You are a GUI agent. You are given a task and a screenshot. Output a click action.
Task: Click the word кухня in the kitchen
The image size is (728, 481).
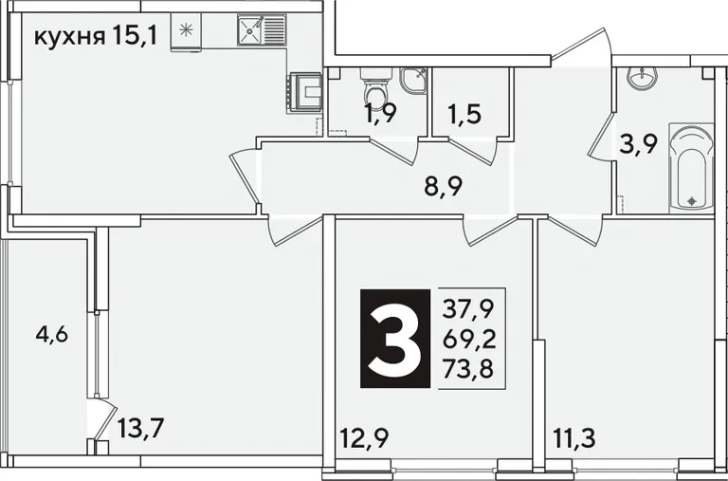click(69, 37)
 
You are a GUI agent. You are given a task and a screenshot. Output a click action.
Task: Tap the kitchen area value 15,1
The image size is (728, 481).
click(134, 36)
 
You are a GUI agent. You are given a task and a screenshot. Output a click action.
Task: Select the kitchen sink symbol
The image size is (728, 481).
click(262, 29)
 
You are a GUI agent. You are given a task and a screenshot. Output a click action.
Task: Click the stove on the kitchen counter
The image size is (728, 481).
click(304, 93)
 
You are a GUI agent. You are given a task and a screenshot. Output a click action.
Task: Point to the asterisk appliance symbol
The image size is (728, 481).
click(186, 29)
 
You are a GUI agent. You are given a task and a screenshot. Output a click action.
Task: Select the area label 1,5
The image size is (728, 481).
click(464, 115)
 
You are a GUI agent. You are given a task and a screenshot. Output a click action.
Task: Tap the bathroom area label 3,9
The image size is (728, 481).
click(639, 145)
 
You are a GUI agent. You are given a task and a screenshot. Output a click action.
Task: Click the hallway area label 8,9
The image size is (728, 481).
click(443, 187)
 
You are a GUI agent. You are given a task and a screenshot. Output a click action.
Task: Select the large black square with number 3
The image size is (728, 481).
click(395, 339)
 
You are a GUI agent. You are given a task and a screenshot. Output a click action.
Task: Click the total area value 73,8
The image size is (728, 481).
click(467, 370)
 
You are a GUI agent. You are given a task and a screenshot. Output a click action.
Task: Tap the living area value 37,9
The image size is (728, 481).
click(467, 308)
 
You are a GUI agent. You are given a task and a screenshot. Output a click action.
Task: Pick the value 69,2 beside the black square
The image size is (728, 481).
click(468, 341)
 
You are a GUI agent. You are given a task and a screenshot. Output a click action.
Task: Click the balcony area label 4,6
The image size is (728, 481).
click(52, 334)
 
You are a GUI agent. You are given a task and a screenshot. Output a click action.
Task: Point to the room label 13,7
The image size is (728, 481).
click(141, 428)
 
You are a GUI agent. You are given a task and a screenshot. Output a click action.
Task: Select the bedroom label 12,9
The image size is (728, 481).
click(364, 437)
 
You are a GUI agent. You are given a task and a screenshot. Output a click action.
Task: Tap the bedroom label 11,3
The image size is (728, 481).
click(574, 437)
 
